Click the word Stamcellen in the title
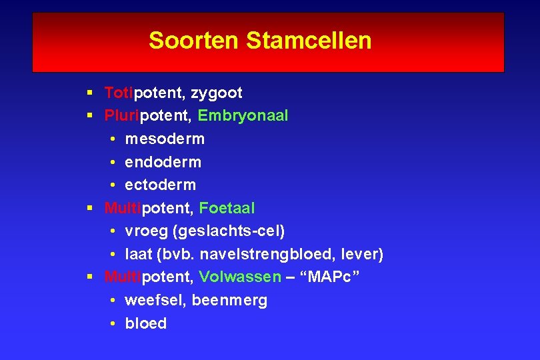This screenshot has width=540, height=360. click(309, 41)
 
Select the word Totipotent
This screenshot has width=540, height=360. click(141, 93)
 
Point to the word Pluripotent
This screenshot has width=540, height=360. click(147, 116)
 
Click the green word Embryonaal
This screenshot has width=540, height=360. click(243, 116)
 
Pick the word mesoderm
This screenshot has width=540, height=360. click(165, 139)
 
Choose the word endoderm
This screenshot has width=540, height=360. click(163, 162)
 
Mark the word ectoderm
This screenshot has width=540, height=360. click(160, 185)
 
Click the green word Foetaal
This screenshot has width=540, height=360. click(227, 208)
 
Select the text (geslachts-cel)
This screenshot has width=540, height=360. click(229, 231)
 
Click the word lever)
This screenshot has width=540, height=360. click(362, 254)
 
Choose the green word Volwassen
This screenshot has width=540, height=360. click(240, 277)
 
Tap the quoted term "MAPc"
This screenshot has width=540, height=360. click(333, 277)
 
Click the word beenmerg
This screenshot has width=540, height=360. click(229, 301)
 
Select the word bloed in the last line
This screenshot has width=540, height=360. click(145, 323)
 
